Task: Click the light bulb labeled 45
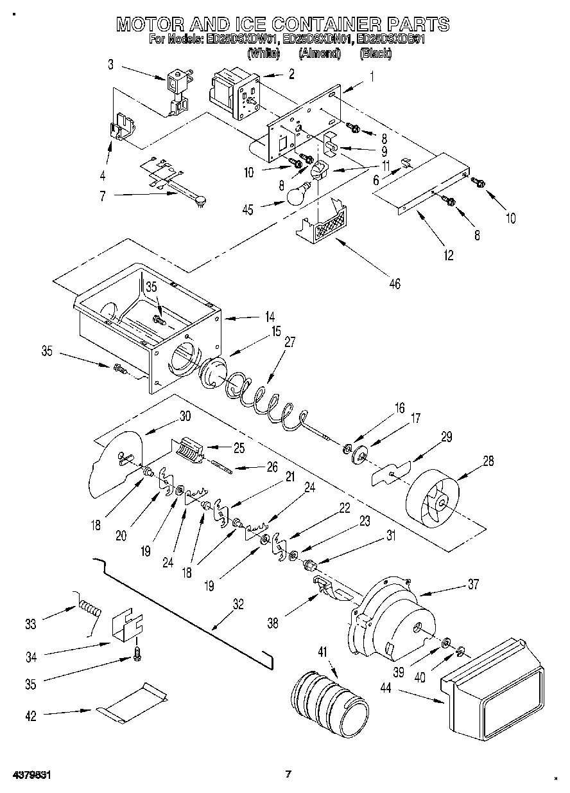pyautogui.click(x=296, y=195)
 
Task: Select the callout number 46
pyautogui.click(x=394, y=283)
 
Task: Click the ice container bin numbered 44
pyautogui.click(x=494, y=688)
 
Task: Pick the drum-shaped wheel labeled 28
pyautogui.click(x=433, y=495)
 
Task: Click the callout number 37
pyautogui.click(x=473, y=584)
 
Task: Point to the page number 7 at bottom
pyautogui.click(x=288, y=774)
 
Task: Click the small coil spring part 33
pyautogui.click(x=90, y=608)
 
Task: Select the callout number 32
pyautogui.click(x=238, y=603)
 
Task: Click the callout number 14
pyautogui.click(x=270, y=316)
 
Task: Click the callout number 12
pyautogui.click(x=448, y=255)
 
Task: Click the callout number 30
pyautogui.click(x=186, y=416)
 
